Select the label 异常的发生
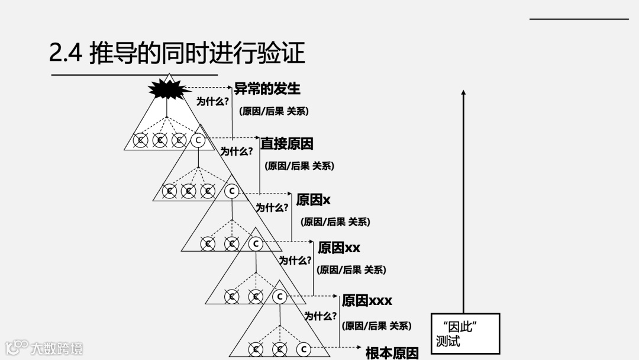click(267, 89)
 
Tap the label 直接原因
click(287, 143)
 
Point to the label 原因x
click(313, 200)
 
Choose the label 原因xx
click(338, 247)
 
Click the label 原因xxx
click(367, 301)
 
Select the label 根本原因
click(392, 353)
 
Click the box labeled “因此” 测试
click(465, 334)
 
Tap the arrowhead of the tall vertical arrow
click(463, 92)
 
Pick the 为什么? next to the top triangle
click(213, 102)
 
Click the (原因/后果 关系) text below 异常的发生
click(274, 111)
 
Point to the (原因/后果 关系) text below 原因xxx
click(376, 326)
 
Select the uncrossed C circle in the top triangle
click(198, 140)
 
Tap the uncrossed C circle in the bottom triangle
click(303, 349)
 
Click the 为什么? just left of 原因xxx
click(321, 316)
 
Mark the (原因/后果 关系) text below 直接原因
click(299, 166)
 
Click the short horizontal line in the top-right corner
click(579, 20)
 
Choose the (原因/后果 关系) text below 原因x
click(335, 222)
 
